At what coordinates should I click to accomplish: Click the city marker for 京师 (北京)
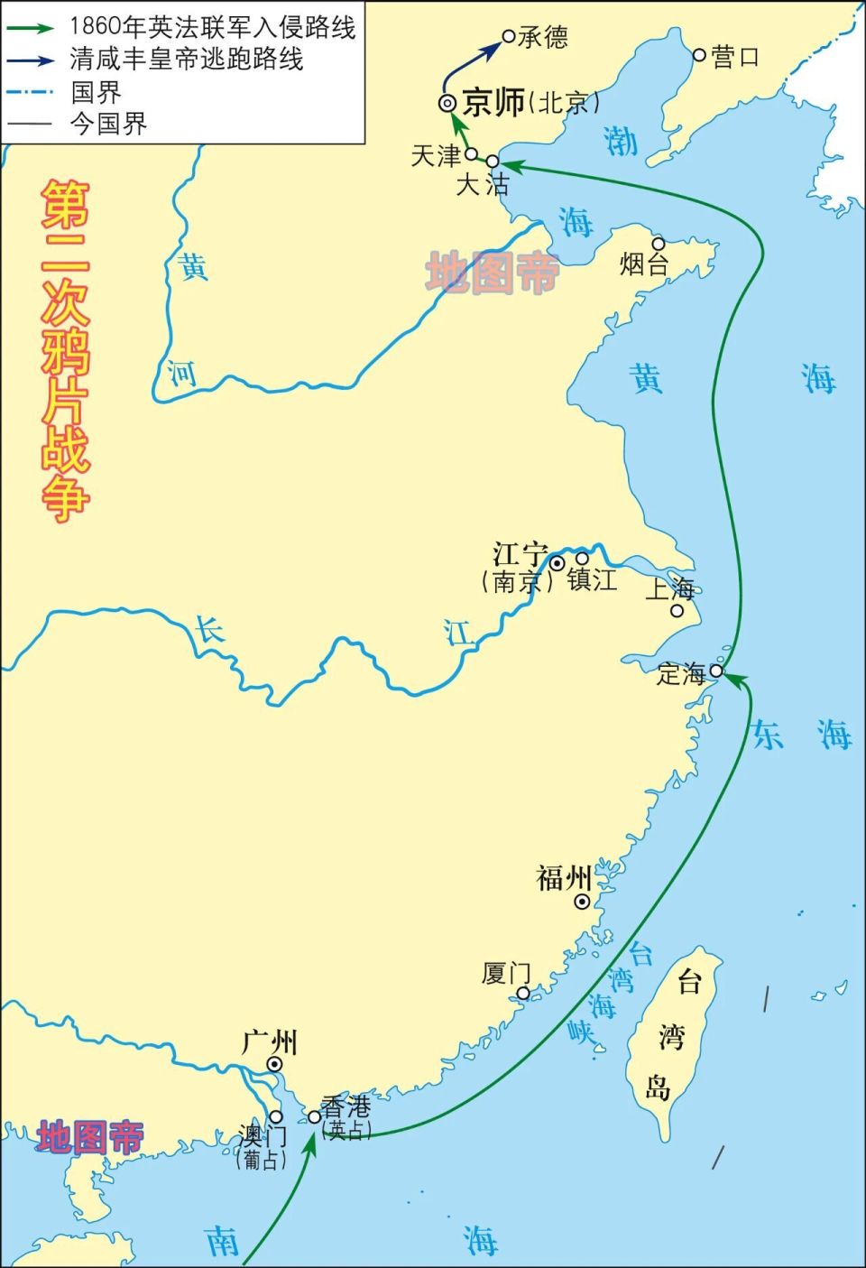coord(447,104)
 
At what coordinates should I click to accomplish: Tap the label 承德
coord(543,37)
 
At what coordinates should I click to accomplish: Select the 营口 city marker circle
coord(699,55)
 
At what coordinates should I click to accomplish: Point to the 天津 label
coord(436,155)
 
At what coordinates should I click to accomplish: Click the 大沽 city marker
coord(493,162)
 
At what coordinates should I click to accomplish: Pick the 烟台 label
coord(644,264)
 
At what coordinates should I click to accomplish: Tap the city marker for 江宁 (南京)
coord(557,563)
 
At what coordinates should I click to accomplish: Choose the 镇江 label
coord(593,579)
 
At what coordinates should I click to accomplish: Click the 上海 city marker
coord(677,611)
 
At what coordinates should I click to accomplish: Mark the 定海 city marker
coord(715,671)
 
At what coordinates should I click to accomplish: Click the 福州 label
coord(564,877)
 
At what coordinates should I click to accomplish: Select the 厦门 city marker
coord(523,993)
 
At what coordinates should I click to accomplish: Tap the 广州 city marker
coord(275,1065)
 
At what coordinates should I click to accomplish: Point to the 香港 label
coord(345,1106)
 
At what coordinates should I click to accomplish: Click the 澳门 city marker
coord(276,1116)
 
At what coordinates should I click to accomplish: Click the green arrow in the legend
coord(29,28)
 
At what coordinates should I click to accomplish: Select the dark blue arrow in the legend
coord(29,60)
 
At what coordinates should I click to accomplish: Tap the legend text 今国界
coord(109,125)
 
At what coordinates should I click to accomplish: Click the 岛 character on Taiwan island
coord(658,1089)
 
